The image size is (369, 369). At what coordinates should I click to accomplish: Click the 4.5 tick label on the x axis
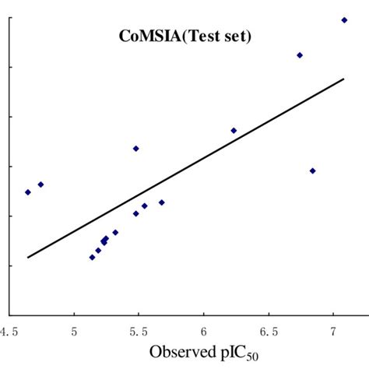pos(10,332)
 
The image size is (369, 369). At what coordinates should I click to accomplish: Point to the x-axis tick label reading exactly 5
pos(74,332)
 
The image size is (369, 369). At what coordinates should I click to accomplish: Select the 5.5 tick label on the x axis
pos(139,332)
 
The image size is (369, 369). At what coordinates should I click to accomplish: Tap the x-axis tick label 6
pos(204,332)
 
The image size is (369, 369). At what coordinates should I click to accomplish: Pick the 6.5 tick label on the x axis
pos(269,332)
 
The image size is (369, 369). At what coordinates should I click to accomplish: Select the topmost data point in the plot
pos(344,20)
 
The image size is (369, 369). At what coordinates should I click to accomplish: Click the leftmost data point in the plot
pos(28,192)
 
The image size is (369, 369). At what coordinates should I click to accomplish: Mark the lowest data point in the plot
pos(92,258)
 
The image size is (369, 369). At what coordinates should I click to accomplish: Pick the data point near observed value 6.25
pos(234,131)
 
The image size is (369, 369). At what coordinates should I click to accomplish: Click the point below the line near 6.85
pos(313,170)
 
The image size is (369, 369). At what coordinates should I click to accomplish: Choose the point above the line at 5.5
pos(135,148)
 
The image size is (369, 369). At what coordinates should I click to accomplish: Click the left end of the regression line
pos(28,257)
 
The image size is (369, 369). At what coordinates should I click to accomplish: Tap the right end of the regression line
pos(343,79)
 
